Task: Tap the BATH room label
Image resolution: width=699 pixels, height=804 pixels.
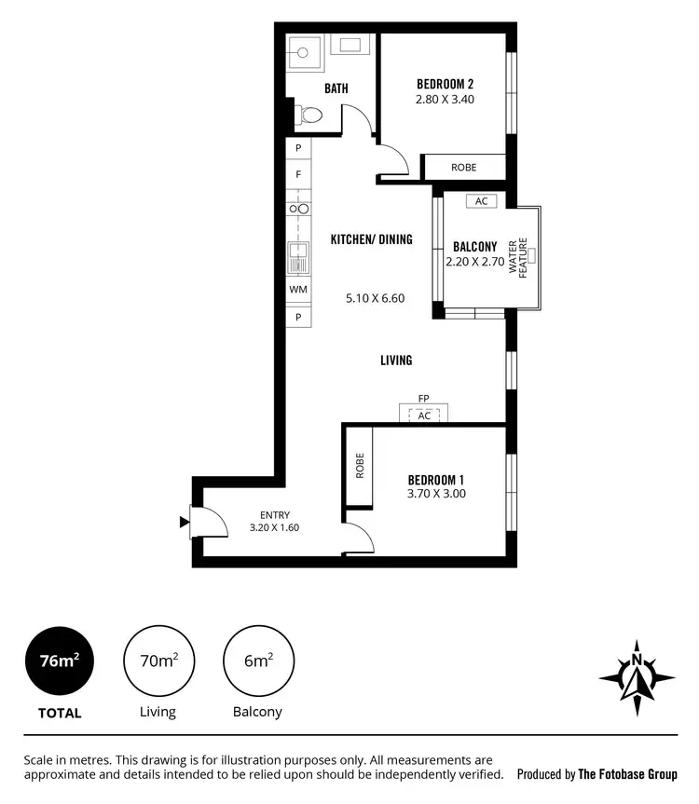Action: (x=336, y=89)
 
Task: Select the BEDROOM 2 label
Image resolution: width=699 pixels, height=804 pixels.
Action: (x=445, y=84)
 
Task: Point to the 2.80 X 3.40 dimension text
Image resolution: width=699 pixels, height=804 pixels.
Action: (x=445, y=98)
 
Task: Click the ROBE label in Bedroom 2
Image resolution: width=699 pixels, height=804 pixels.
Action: (x=463, y=168)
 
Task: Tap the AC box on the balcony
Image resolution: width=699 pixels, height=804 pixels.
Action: (x=481, y=201)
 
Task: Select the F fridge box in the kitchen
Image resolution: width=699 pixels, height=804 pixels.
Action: (x=298, y=174)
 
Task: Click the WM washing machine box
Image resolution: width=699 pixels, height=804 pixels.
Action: (x=298, y=290)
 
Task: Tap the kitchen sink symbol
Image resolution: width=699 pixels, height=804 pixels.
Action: (x=298, y=256)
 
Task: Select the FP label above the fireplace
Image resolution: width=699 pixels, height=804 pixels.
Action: (x=423, y=399)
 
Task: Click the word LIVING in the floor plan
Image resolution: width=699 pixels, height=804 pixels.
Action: (x=396, y=360)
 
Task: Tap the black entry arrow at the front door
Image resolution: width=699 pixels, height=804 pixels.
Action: (x=184, y=523)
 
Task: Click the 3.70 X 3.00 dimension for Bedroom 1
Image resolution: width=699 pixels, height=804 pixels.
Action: (x=436, y=494)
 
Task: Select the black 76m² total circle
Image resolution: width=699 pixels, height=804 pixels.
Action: (x=60, y=661)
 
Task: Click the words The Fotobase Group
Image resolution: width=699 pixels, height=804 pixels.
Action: (x=627, y=774)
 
